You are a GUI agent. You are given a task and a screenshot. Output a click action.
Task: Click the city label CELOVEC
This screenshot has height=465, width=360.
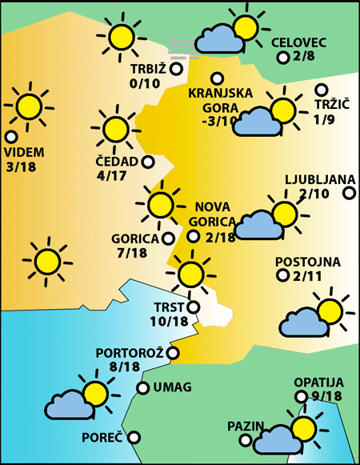tap(299, 42)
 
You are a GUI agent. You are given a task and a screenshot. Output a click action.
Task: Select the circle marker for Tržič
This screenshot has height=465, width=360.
tap(322, 90)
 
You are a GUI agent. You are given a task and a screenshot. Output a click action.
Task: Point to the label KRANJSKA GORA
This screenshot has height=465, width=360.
tap(214, 100)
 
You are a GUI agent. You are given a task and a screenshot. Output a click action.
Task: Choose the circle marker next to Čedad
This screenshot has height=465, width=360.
tap(148, 162)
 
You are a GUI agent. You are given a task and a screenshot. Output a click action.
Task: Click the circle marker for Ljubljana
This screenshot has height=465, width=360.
tap(349, 193)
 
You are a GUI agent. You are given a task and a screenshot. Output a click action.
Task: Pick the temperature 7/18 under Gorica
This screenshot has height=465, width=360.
tap(132, 253)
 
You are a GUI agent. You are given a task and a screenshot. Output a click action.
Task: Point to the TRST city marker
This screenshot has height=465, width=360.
tap(192, 307)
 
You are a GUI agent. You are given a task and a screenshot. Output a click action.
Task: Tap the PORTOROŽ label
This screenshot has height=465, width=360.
tap(130, 352)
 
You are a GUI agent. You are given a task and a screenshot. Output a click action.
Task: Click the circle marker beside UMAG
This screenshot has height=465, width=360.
tap(142, 388)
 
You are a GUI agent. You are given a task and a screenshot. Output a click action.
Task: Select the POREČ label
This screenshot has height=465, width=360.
tap(102, 438)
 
